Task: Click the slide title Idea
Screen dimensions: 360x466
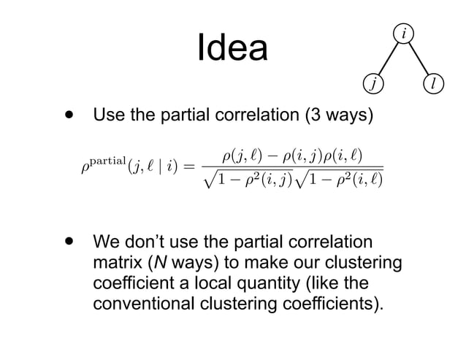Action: (x=232, y=49)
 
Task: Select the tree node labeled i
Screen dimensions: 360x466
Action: (x=402, y=33)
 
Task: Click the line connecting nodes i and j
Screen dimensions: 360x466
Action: (x=388, y=58)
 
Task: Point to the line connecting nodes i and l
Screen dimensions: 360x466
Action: (x=418, y=58)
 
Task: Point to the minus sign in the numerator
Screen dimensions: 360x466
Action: (x=270, y=154)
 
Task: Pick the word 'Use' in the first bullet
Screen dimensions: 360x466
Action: (x=107, y=116)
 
